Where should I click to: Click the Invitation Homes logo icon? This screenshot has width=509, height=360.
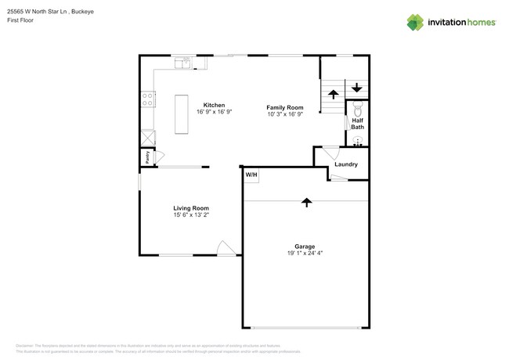(415, 22)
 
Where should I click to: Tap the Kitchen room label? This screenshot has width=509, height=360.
(215, 105)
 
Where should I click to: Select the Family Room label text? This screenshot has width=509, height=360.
(284, 107)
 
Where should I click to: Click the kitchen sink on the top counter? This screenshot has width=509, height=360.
(183, 63)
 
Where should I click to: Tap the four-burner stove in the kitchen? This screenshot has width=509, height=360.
(146, 99)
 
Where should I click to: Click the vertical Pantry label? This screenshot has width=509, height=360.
(146, 157)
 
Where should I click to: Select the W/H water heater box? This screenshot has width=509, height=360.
(251, 175)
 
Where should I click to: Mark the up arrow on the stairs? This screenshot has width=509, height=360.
(333, 94)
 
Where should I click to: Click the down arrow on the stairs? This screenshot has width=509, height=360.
(357, 87)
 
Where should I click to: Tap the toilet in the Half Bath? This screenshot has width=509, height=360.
(357, 109)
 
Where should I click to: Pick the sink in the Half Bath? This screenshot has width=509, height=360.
(358, 142)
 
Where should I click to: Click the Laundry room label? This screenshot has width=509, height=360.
(346, 164)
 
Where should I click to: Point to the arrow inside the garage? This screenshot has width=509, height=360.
(306, 202)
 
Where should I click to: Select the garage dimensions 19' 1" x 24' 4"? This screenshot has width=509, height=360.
(305, 253)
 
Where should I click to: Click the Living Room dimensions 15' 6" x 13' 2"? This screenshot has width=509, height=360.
(191, 214)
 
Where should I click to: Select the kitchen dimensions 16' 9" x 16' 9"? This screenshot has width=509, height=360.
(215, 113)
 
